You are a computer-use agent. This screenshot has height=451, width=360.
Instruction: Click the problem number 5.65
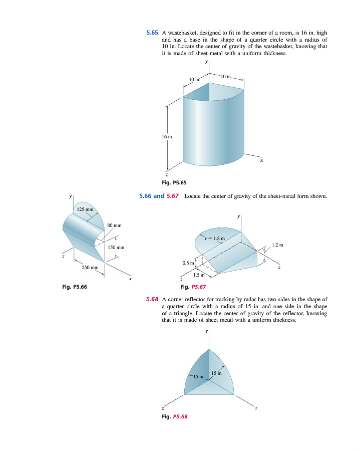[152, 33]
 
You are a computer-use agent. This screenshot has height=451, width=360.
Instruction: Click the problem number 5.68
[152, 299]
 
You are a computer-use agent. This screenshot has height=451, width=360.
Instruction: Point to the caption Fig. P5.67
[192, 287]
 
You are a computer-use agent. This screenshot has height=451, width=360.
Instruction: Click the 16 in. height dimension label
[168, 136]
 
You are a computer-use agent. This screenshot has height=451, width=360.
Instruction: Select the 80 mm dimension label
[115, 226]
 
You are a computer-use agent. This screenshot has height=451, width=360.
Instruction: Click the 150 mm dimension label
[116, 248]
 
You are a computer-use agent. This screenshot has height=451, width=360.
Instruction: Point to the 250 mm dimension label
[90, 268]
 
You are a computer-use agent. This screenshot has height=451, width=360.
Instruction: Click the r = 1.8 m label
[215, 238]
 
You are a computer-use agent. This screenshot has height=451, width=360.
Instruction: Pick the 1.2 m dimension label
[277, 245]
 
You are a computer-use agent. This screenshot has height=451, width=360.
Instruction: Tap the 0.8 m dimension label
[188, 262]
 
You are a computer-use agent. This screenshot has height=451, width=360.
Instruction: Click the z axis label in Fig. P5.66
[63, 257]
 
